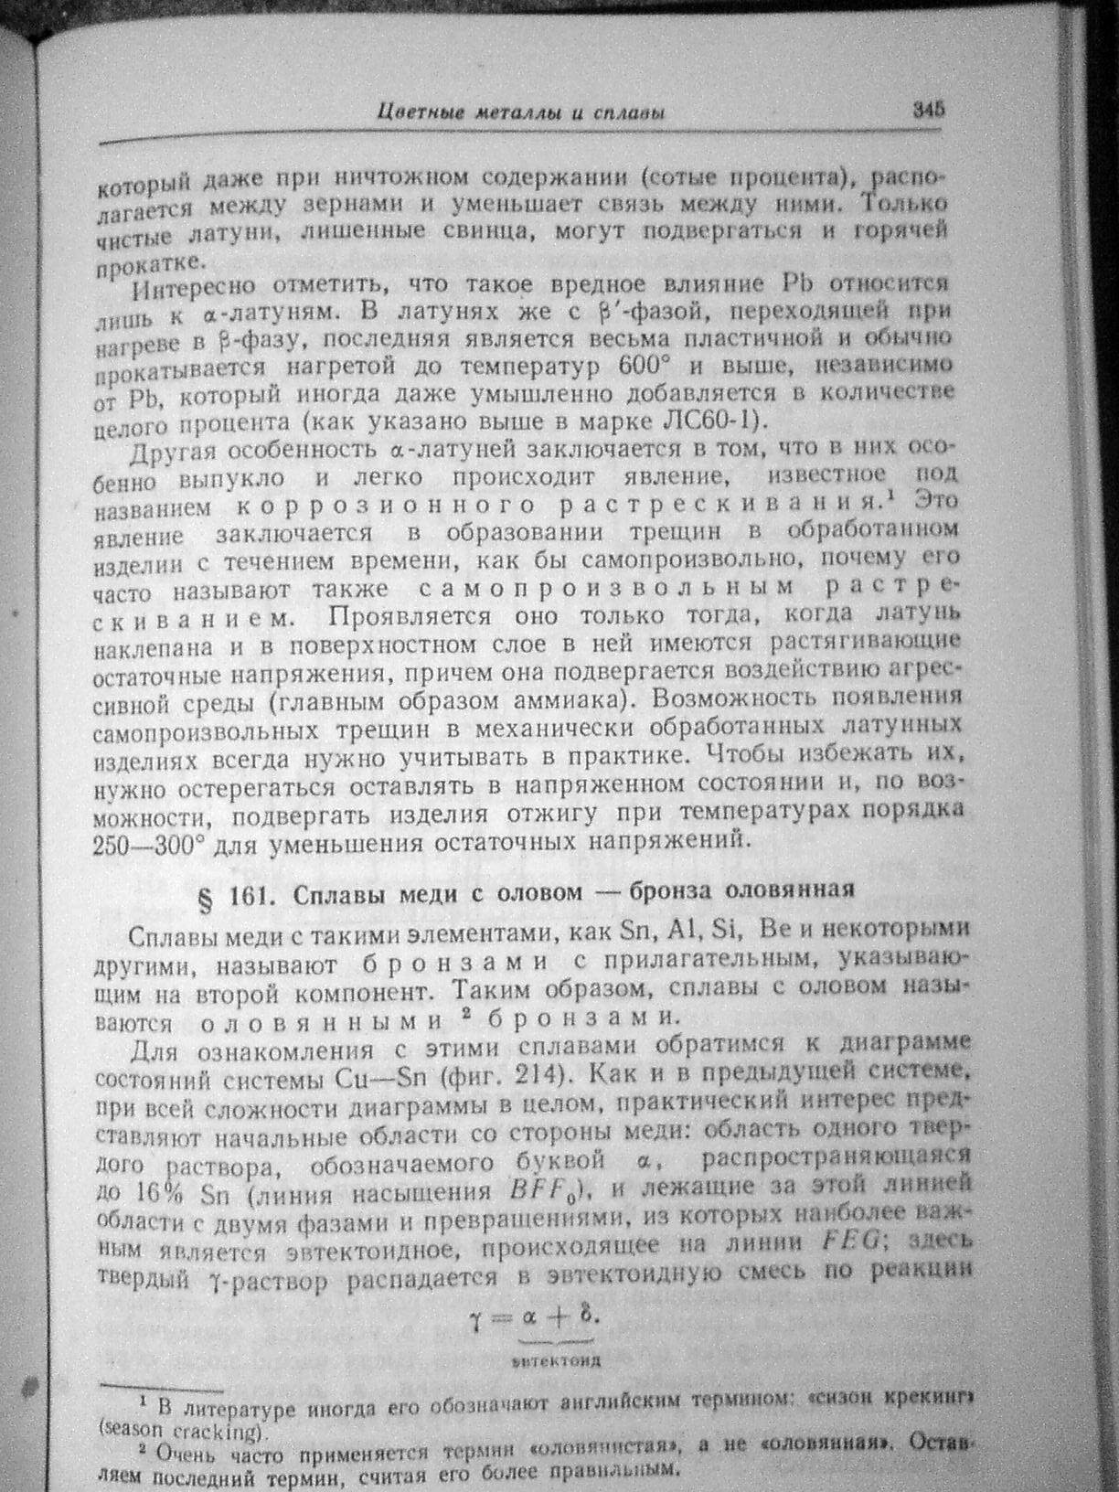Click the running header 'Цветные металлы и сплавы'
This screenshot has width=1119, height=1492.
pos(520,113)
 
